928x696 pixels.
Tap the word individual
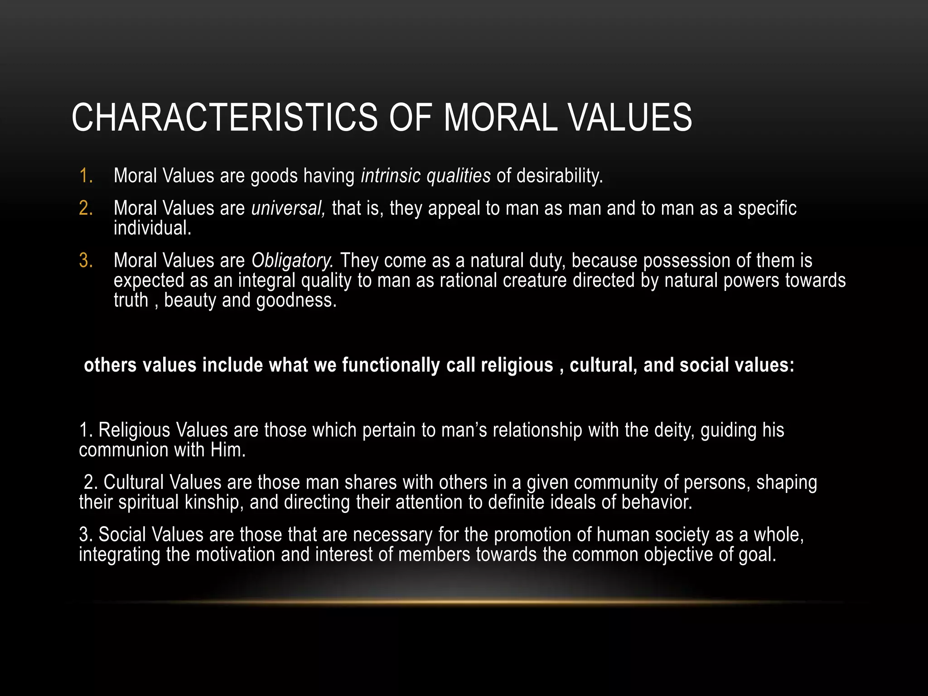(x=152, y=228)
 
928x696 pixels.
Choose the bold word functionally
(x=391, y=365)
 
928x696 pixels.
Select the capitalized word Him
(x=228, y=450)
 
